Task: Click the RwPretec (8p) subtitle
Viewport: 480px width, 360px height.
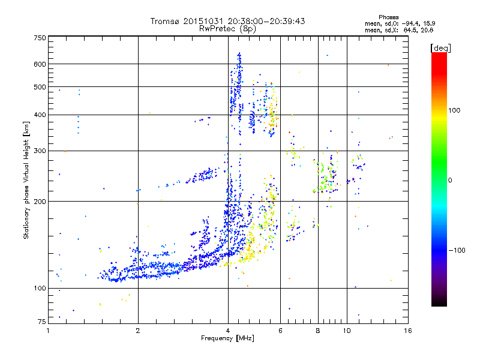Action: (229, 28)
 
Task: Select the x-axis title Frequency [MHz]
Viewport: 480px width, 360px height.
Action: (228, 338)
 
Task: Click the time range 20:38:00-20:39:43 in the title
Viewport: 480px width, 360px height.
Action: (267, 21)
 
